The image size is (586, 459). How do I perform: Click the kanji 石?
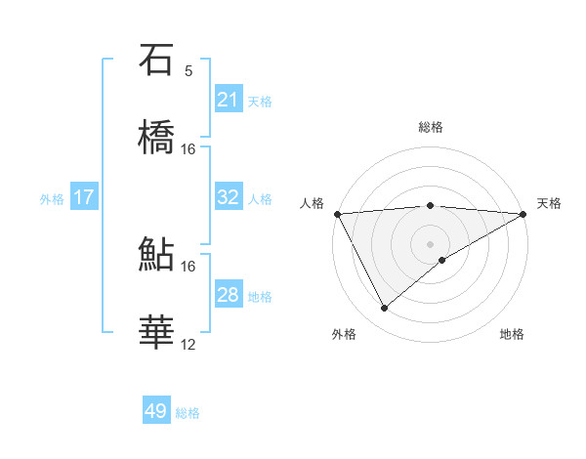click(156, 61)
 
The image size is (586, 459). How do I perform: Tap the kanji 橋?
click(156, 139)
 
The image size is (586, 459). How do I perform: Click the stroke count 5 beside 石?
click(188, 71)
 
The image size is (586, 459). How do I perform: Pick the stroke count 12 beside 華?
click(188, 344)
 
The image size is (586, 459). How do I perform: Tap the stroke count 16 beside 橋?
click(188, 149)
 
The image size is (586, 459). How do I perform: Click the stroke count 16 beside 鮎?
click(188, 266)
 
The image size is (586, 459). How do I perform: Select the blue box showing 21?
click(228, 100)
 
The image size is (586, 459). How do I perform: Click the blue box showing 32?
click(228, 197)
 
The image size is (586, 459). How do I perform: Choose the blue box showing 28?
click(228, 295)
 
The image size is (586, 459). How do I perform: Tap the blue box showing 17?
click(84, 197)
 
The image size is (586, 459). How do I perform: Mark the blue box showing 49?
click(156, 411)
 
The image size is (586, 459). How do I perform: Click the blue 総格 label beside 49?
click(188, 413)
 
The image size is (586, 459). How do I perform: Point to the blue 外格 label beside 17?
click(52, 199)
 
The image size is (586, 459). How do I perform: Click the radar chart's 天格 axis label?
click(549, 203)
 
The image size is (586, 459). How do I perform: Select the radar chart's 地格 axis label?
click(512, 335)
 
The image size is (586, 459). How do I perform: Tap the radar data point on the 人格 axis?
click(337, 214)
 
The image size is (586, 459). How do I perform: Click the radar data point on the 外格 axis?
click(384, 309)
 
